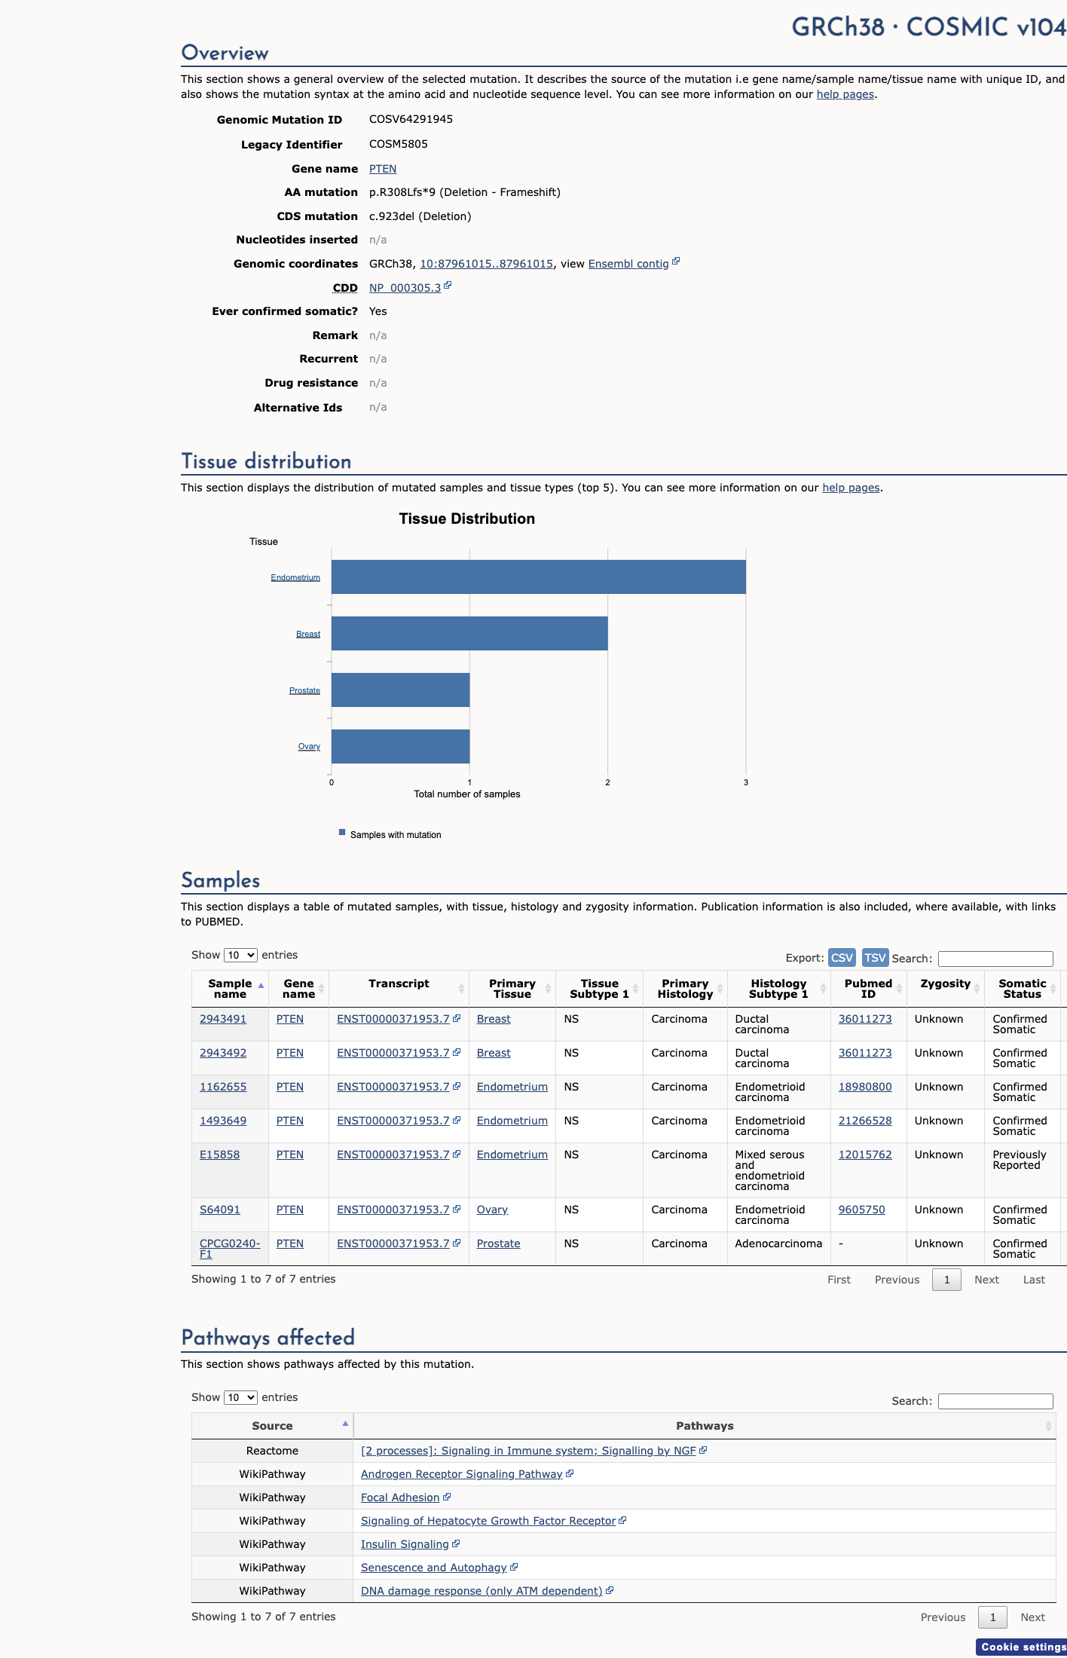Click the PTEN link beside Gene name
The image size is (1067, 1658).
tap(383, 169)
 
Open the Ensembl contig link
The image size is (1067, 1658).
tap(628, 264)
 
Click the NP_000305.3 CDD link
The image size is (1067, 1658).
tap(405, 288)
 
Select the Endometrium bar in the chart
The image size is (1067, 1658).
tap(539, 577)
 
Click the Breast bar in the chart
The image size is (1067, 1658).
tap(469, 633)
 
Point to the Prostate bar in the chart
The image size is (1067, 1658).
tap(401, 690)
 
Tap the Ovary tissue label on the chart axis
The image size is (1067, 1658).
tap(309, 746)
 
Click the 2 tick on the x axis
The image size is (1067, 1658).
tap(607, 782)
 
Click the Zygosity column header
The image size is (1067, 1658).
tap(945, 983)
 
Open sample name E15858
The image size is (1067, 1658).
tap(219, 1155)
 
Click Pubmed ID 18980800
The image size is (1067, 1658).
tap(865, 1087)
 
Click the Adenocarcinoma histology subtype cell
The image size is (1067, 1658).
tap(778, 1243)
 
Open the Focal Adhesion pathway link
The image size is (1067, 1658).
tap(400, 1497)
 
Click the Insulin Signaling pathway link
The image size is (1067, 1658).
tap(405, 1544)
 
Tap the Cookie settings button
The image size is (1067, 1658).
tap(1023, 1647)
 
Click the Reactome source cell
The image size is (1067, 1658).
tap(272, 1451)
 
